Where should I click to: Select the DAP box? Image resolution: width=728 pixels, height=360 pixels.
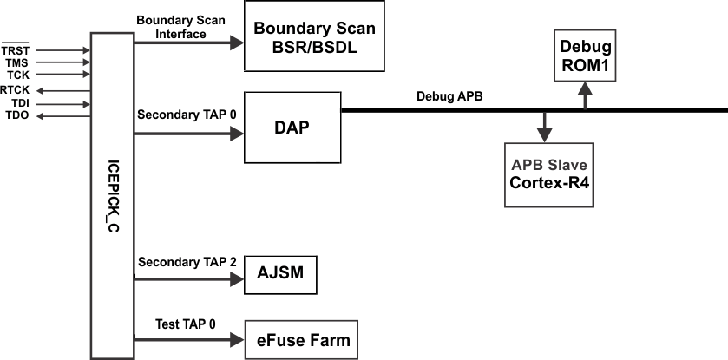click(x=292, y=127)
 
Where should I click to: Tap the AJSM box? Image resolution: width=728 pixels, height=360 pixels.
click(x=280, y=275)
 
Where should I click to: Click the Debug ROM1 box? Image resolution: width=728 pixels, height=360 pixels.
click(x=585, y=54)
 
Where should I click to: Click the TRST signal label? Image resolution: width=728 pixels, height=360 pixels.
click(x=16, y=50)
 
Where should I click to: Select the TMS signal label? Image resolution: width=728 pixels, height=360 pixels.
click(x=16, y=63)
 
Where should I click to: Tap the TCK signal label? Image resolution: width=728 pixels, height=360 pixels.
click(x=17, y=76)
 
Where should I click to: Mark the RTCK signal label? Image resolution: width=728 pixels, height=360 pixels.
click(x=14, y=89)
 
